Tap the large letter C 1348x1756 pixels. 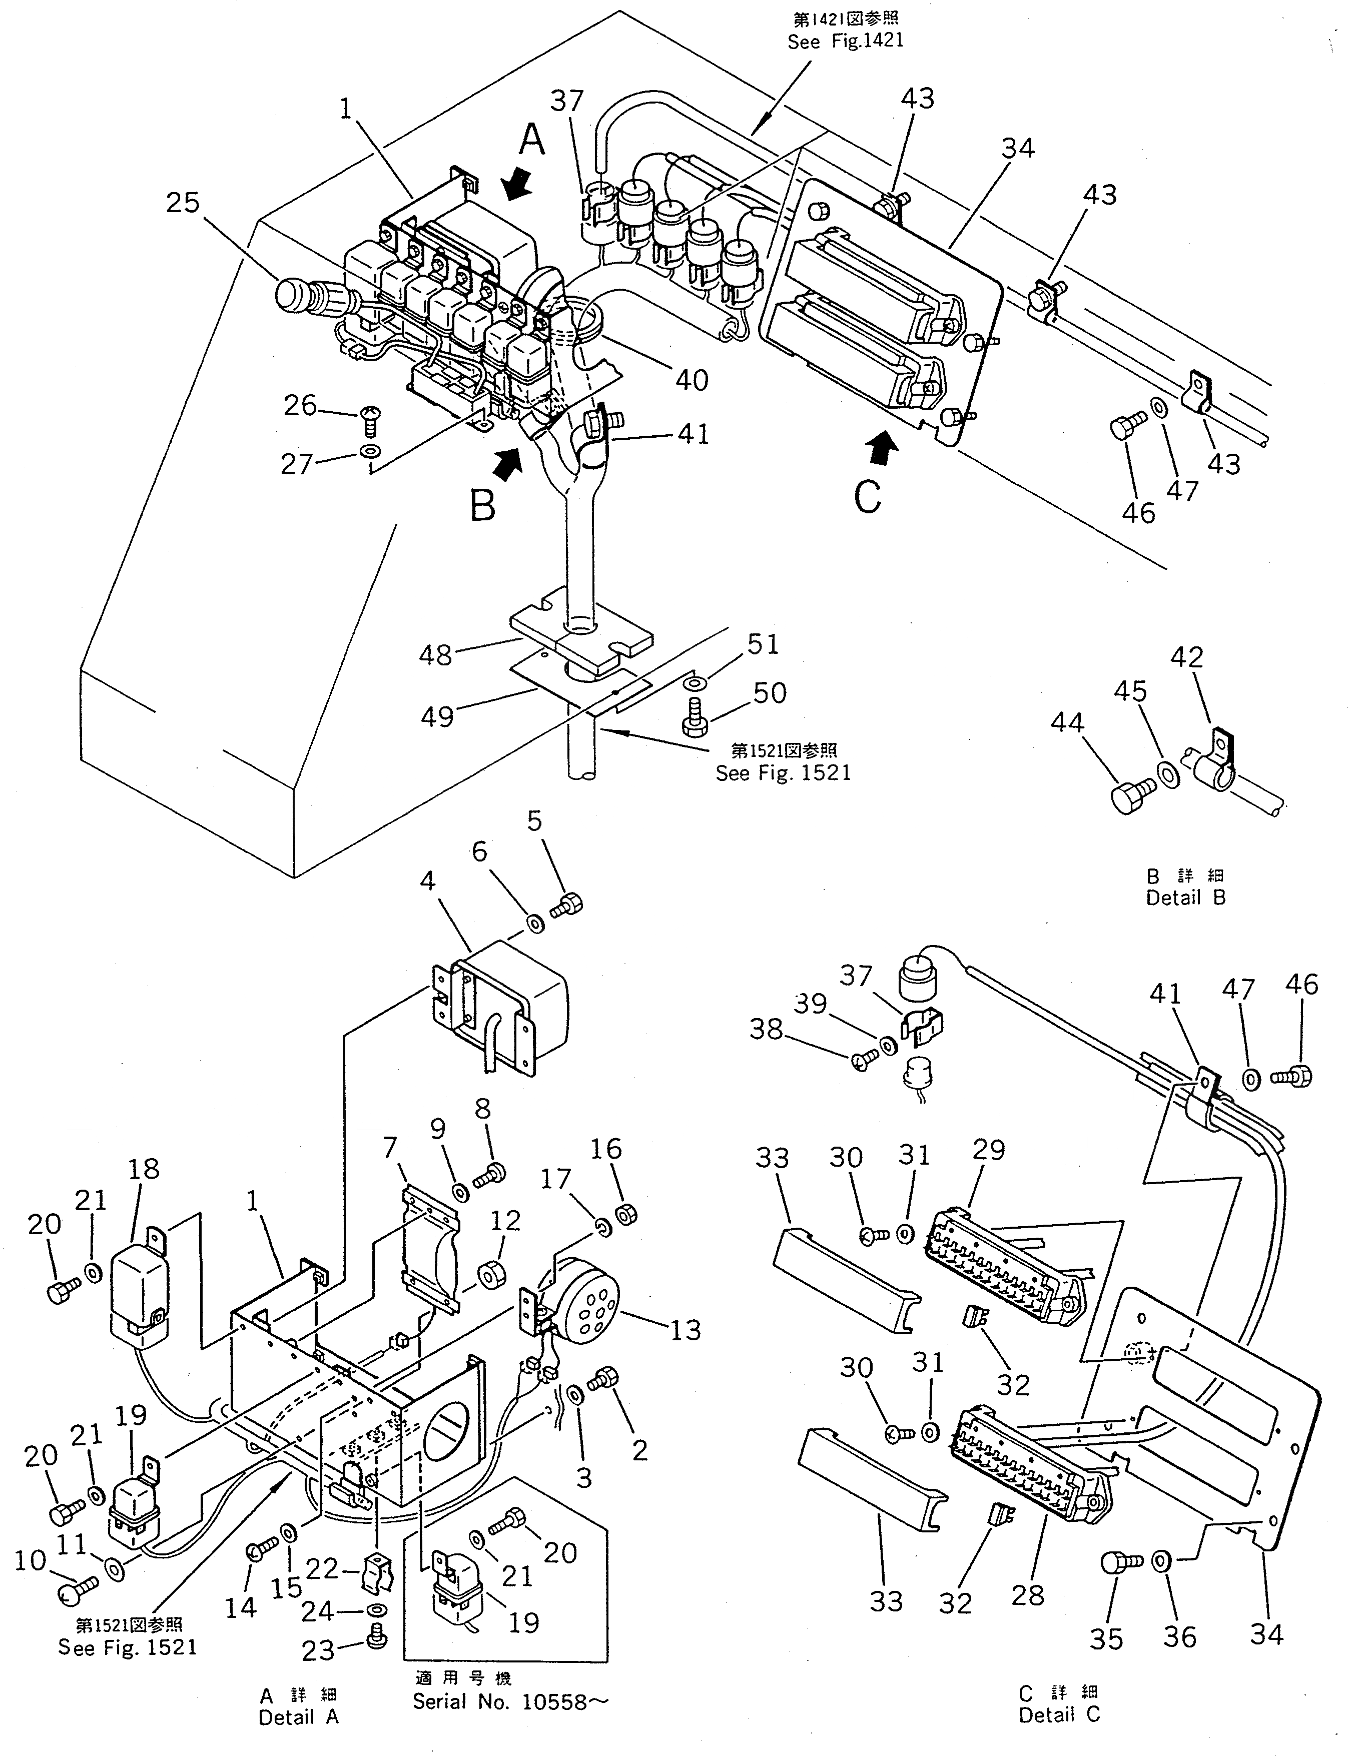pos(867,497)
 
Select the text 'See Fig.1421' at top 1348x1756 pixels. pos(845,41)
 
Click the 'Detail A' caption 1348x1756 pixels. pos(299,1717)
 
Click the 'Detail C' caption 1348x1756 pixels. pos(1059,1715)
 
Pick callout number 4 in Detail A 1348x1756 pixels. pos(428,881)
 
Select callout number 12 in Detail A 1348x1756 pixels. pos(505,1220)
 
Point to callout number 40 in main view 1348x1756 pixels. pos(692,379)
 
